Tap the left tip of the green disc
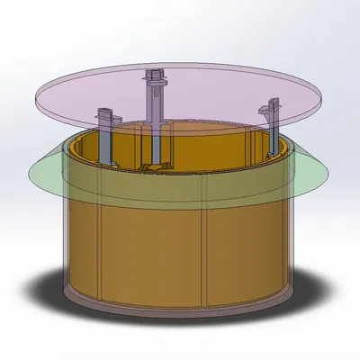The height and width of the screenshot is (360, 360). pos(32,173)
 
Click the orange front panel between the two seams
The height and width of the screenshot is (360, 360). pos(153,252)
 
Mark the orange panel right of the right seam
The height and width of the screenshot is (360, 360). pos(247,243)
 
